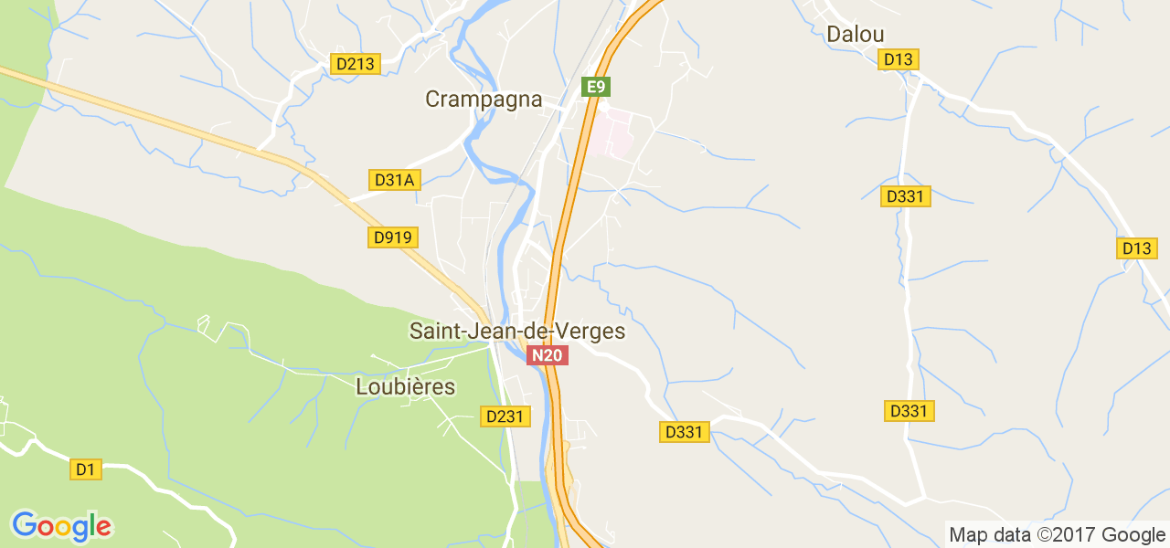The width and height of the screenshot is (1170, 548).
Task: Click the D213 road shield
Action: click(355, 64)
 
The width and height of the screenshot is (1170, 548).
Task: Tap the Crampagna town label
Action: click(484, 100)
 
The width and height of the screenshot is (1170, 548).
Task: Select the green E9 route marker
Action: click(596, 87)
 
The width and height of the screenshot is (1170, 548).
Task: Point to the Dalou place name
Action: click(855, 35)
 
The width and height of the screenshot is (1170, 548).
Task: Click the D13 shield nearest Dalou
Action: click(899, 59)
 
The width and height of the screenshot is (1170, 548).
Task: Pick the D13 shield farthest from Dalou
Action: click(1138, 248)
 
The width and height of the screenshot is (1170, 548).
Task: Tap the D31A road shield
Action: click(395, 180)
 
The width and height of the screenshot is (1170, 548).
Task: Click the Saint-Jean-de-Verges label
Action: click(517, 331)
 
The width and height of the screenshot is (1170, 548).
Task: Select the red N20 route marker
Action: click(548, 355)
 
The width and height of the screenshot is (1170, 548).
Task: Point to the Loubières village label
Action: click(405, 387)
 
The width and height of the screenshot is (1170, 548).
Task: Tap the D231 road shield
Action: click(505, 416)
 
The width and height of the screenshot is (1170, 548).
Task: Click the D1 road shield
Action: click(85, 469)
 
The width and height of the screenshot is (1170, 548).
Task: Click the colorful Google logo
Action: click(61, 526)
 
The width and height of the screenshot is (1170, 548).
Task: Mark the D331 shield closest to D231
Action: click(685, 432)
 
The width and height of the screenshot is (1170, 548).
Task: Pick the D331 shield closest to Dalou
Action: click(906, 196)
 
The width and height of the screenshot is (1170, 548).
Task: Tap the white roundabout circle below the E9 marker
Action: click(603, 106)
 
